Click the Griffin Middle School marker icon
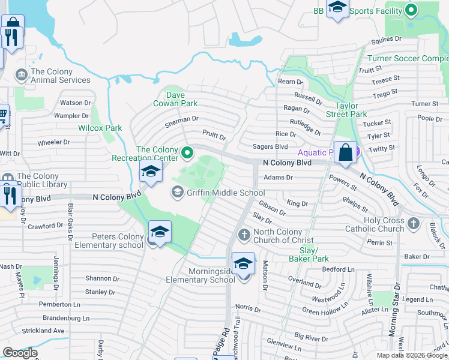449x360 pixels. [x=177, y=193]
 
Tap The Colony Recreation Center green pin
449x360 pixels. [x=187, y=154]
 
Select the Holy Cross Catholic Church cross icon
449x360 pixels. [x=412, y=224]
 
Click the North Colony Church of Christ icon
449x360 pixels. [x=244, y=235]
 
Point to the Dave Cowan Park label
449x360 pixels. [x=182, y=99]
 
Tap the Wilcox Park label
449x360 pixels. [x=100, y=128]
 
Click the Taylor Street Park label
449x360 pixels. [x=346, y=109]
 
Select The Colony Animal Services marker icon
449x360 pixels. [x=22, y=75]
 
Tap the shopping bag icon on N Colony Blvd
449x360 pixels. [x=346, y=153]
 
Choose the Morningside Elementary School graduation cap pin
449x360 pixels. [x=243, y=264]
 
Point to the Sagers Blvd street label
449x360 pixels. [x=271, y=146]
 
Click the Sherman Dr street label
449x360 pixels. [x=182, y=120]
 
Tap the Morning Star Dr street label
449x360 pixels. [x=393, y=316]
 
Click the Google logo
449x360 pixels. [x=20, y=353]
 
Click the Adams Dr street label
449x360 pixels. [x=279, y=178]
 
